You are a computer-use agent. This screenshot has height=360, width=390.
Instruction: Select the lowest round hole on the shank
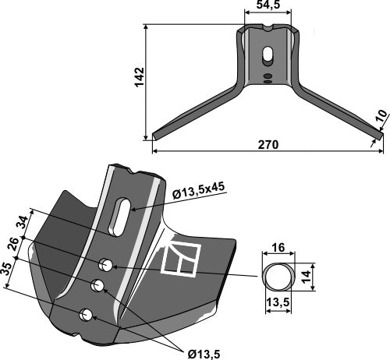87,315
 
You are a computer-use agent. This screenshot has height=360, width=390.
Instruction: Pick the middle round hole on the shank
97,286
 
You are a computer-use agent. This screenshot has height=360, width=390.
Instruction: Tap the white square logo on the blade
181,259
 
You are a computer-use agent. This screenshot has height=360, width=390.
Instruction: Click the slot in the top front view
268,57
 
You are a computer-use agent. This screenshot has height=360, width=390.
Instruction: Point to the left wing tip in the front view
157,136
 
